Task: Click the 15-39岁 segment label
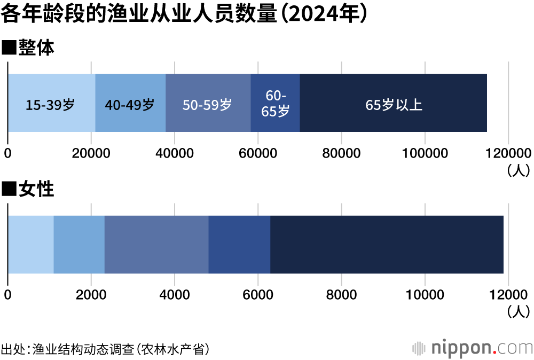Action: [50, 105]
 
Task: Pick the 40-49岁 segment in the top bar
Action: [130, 105]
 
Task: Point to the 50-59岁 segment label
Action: [207, 105]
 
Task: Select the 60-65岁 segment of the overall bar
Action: [276, 103]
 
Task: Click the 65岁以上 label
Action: [394, 105]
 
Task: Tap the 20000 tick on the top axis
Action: [91, 153]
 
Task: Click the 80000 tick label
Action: [341, 153]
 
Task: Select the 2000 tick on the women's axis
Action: [91, 295]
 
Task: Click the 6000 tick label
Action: [258, 295]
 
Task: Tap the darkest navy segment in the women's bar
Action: [387, 245]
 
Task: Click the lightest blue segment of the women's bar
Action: [31, 245]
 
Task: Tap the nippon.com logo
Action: [473, 348]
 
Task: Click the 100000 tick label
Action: [425, 153]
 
